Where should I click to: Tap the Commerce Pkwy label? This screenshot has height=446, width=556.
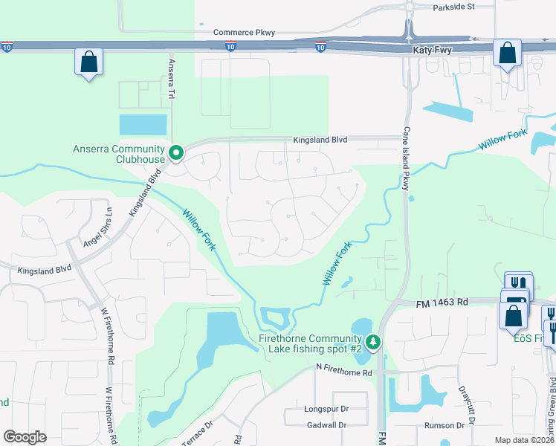244,33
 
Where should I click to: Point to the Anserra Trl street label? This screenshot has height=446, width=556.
171,80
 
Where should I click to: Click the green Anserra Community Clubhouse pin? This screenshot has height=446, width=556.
176,153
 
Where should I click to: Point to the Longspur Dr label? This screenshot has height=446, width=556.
326,409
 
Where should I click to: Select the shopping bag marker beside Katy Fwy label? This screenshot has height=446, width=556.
507,53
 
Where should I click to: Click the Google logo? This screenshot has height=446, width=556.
25,437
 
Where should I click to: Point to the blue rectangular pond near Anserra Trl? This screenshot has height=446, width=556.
143,124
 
